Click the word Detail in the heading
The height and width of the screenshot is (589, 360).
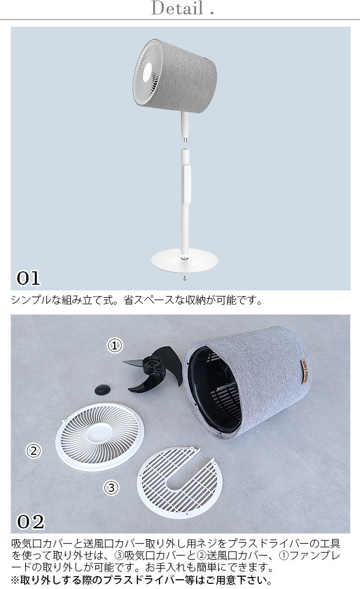click(177, 8)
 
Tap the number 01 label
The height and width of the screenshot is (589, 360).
click(29, 279)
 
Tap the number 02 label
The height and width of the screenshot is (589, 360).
click(30, 521)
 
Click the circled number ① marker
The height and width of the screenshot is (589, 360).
click(115, 345)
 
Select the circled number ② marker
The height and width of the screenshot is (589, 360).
click(33, 450)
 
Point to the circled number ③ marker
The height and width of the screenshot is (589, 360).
click(111, 488)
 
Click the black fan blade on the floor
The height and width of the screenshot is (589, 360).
click(150, 369)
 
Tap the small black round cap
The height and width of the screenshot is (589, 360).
click(101, 389)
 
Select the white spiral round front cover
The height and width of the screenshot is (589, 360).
click(100, 436)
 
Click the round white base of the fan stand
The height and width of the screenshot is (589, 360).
click(182, 262)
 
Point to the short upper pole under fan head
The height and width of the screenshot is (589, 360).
click(185, 126)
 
